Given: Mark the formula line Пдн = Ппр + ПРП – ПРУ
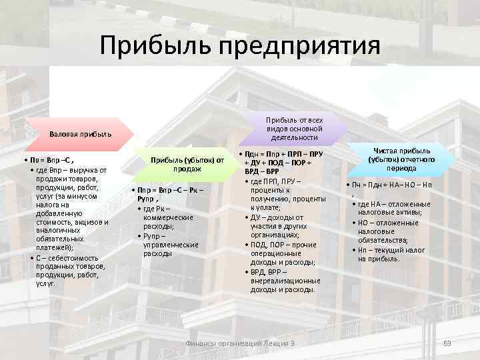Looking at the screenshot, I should coord(283,155).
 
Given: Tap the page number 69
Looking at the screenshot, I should coord(447,343).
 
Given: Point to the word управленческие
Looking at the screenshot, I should coord(171,245).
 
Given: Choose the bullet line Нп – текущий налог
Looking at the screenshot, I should coord(393,249).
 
